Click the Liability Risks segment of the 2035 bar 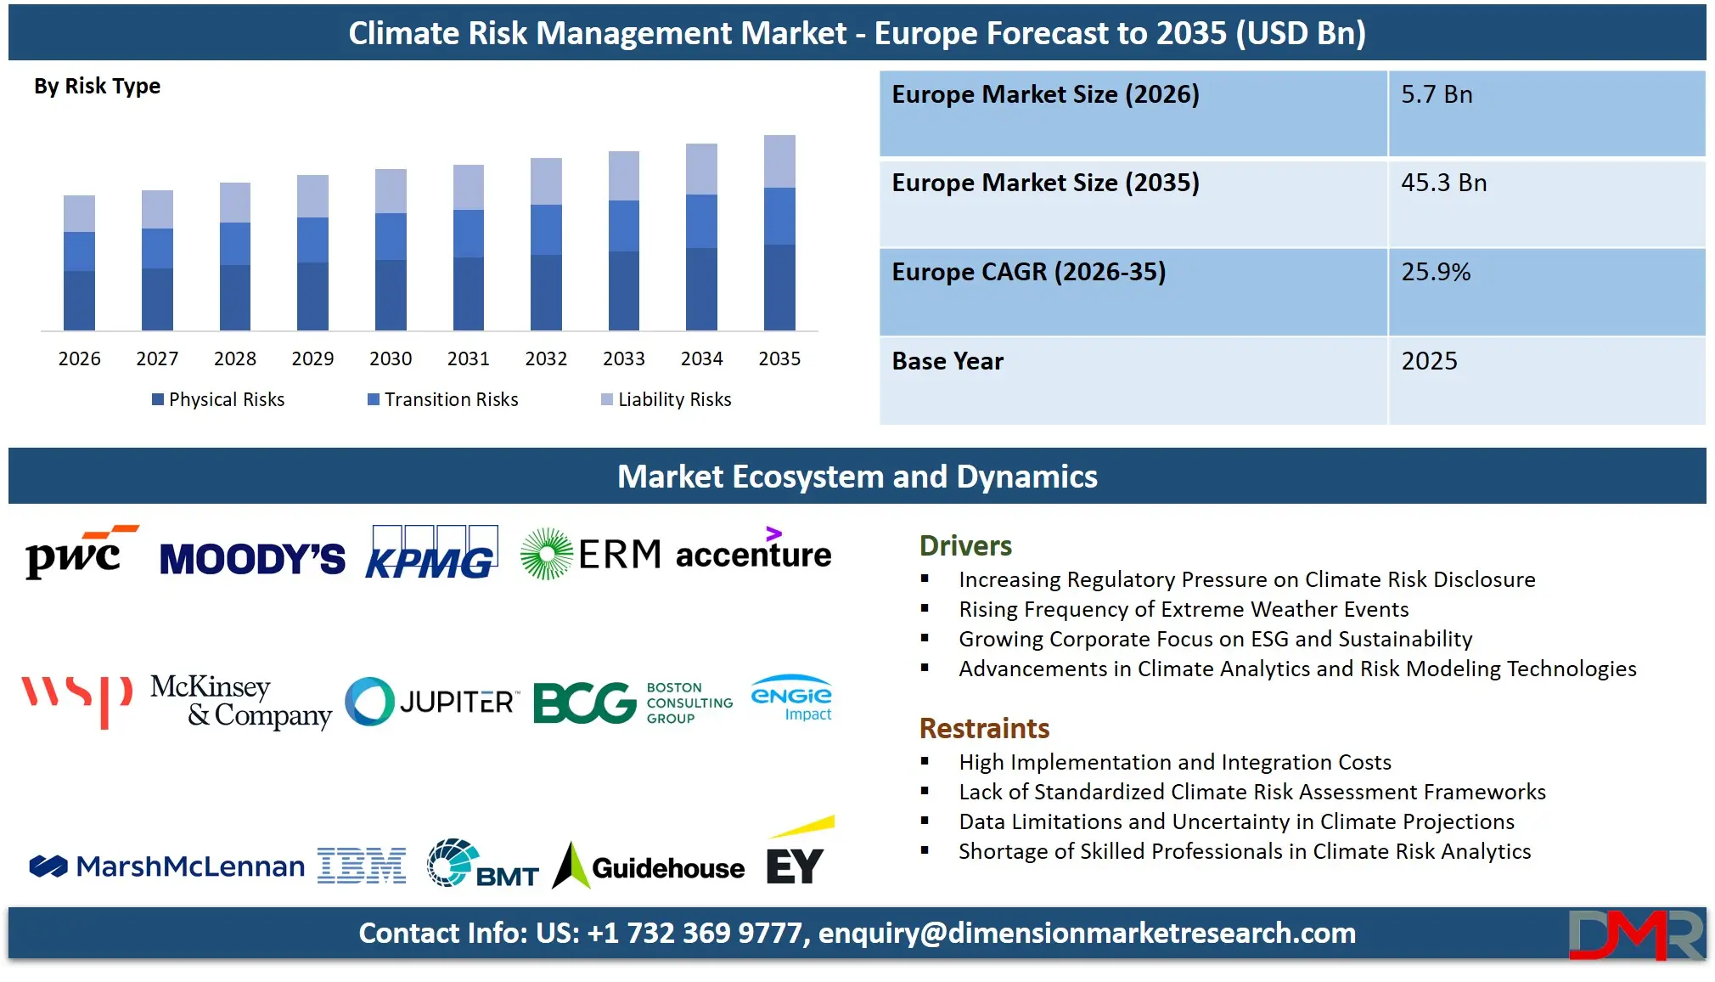coord(779,161)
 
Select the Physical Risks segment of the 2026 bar coord(79,300)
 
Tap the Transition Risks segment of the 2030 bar coord(391,236)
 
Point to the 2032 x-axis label coord(546,358)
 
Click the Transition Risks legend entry coord(443,399)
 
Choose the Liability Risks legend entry coord(666,399)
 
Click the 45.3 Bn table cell coord(1443,183)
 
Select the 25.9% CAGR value coord(1436,273)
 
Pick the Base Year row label coord(947,362)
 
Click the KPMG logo coord(431,553)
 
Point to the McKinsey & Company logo coord(240,701)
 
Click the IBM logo coord(362,866)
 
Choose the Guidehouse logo coord(649,866)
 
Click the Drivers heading coord(965,546)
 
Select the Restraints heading coord(984,729)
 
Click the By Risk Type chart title coord(97,87)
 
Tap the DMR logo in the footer coord(1635,934)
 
